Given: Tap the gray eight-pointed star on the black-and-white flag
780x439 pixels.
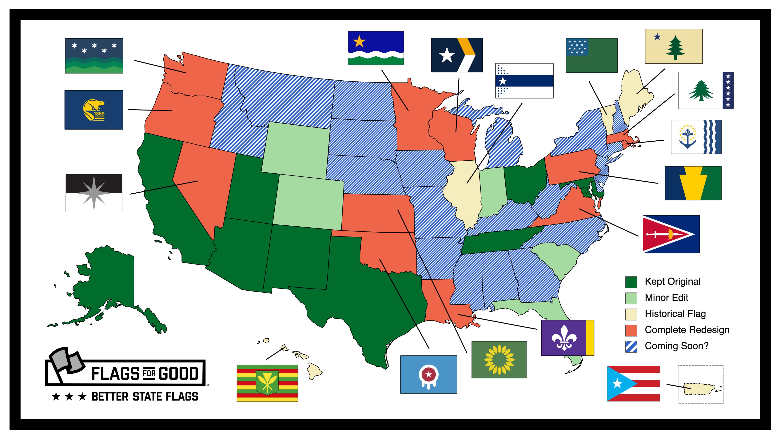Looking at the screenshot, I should pyautogui.click(x=94, y=193).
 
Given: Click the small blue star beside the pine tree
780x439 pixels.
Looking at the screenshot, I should pyautogui.click(x=657, y=37).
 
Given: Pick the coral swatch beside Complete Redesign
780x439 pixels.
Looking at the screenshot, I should pyautogui.click(x=631, y=330).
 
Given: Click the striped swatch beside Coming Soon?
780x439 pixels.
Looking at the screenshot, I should pyautogui.click(x=631, y=346).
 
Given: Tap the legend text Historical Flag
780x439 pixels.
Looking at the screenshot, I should pyautogui.click(x=675, y=314).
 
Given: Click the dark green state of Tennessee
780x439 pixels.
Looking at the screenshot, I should pyautogui.click(x=500, y=241).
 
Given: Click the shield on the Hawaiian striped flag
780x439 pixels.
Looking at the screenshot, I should pyautogui.click(x=267, y=383).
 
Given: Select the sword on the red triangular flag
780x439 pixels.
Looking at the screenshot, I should pyautogui.click(x=660, y=234).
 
